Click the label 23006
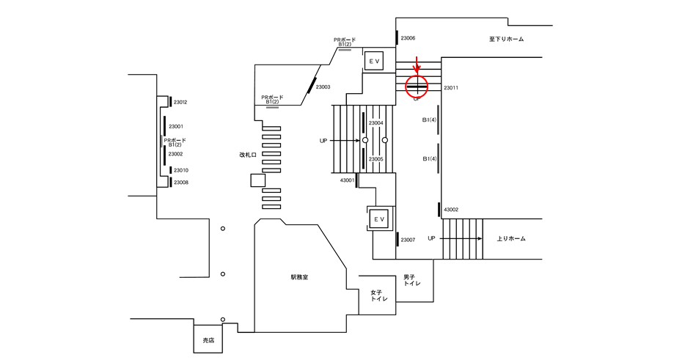point(408,38)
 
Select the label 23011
point(451,88)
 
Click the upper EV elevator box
point(373,62)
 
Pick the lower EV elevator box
point(378,219)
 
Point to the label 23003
point(323,87)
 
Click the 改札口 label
point(248,155)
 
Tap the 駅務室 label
point(300,277)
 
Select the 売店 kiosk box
point(208,339)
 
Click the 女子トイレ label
point(376,295)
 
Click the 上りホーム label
point(511,238)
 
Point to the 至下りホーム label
point(506,39)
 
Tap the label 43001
point(348,180)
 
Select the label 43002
point(451,210)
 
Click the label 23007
point(408,240)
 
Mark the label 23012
point(180,102)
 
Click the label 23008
point(181,182)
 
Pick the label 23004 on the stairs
point(376,123)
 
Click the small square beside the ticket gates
point(258,180)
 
